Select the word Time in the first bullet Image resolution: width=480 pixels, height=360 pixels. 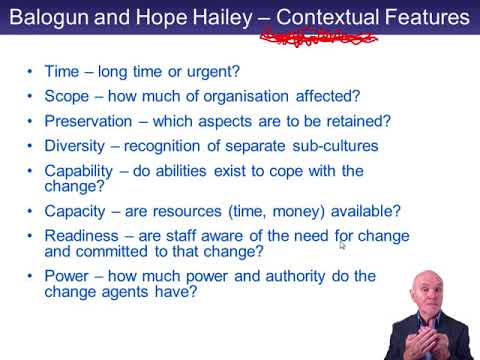click(x=62, y=74)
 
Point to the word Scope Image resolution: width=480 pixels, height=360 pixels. click(x=68, y=98)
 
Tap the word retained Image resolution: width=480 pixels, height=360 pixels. click(x=353, y=121)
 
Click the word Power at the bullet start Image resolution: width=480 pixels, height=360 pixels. click(x=67, y=277)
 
